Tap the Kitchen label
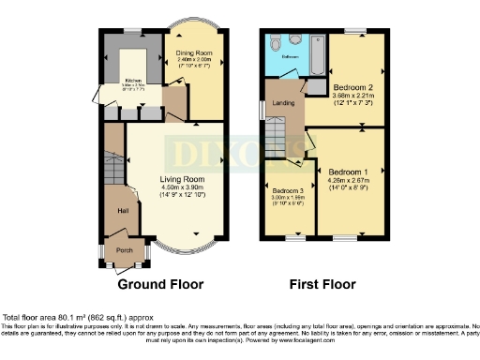point(132,81)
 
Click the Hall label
point(122,211)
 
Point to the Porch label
point(125,250)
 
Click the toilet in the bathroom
point(275,44)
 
